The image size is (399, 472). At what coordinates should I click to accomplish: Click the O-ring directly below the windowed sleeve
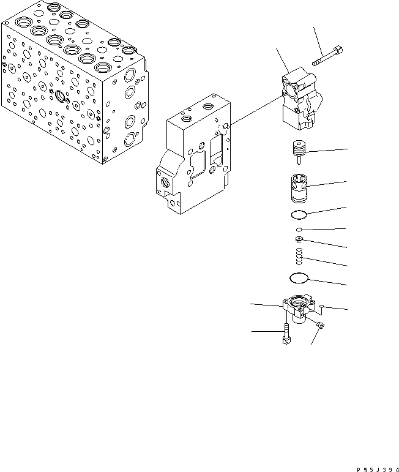coord(299,214)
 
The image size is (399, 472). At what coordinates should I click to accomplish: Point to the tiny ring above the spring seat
coord(297,230)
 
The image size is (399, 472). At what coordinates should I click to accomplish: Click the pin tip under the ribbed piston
coord(299,163)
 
